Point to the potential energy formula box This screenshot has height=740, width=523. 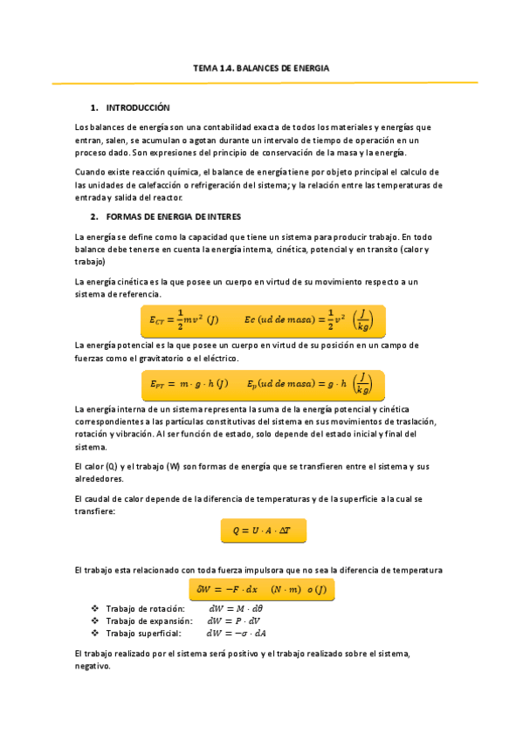262,383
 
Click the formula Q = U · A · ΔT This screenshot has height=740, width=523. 262,530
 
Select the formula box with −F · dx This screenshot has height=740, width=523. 262,590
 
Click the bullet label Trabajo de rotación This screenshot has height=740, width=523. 144,608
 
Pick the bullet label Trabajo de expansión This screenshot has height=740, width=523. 148,621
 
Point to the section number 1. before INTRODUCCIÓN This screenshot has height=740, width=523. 94,107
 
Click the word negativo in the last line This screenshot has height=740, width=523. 93,665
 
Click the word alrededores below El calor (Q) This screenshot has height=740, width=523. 100,479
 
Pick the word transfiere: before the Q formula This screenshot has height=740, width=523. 95,511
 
